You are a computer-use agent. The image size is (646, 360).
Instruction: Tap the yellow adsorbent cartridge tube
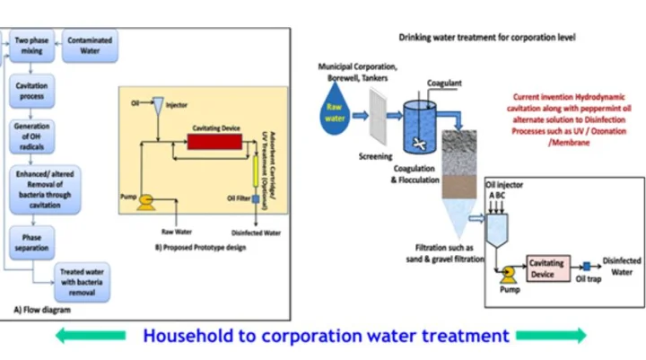254,167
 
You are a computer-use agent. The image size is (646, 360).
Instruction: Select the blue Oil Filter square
255,198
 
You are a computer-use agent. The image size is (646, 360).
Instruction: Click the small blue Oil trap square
586,267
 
